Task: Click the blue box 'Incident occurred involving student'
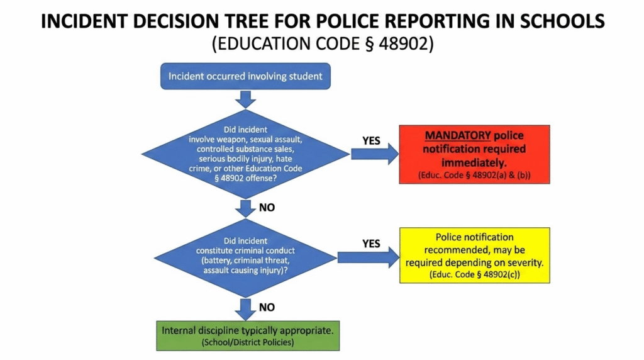tap(245, 77)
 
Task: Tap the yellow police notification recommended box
tap(475, 256)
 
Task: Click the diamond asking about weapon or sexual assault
tap(245, 154)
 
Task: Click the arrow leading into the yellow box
tap(369, 256)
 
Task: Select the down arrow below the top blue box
tap(245, 99)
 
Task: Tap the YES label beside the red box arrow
tap(372, 140)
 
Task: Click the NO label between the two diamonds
tap(267, 206)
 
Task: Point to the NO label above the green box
tap(267, 308)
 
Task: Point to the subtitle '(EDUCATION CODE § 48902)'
tap(322, 44)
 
